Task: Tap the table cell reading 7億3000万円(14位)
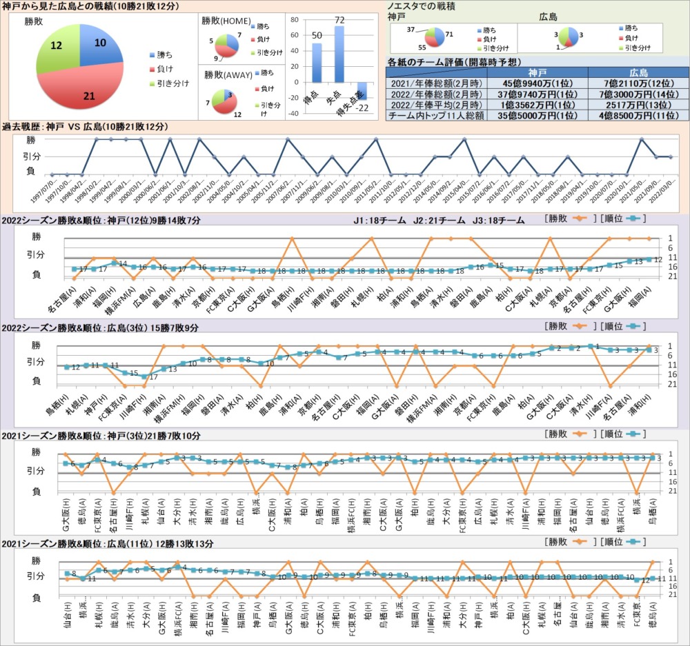[x=638, y=93]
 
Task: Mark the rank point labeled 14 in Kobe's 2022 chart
[x=114, y=263]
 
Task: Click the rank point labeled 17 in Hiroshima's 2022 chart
[x=144, y=376]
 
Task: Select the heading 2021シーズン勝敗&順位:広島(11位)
[x=108, y=544]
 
